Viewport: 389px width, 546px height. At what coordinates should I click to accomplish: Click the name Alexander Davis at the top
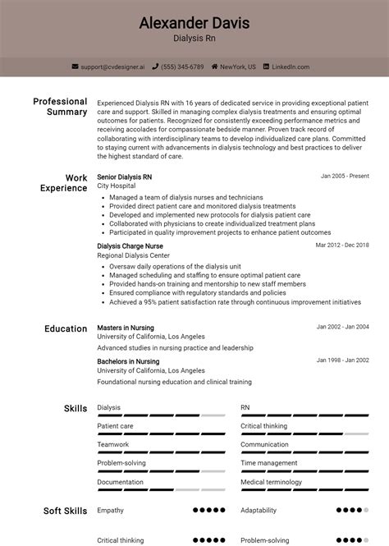[194, 22]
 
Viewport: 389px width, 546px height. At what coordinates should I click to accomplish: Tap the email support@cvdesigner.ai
[112, 67]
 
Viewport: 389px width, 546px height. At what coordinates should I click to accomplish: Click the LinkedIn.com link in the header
[290, 67]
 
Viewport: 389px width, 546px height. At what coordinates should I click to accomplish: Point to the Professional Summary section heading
[60, 106]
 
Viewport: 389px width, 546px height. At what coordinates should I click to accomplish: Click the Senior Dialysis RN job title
[124, 177]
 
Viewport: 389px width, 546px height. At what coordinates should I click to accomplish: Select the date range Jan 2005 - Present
[345, 177]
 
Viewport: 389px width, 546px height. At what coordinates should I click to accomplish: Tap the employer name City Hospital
[117, 186]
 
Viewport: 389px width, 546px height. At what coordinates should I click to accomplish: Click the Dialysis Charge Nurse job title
[130, 245]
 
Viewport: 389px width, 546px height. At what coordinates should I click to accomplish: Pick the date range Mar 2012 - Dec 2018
[342, 245]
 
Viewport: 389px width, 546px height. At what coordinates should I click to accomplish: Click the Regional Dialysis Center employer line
[132, 255]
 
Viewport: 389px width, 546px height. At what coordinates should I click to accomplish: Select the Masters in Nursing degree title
[125, 328]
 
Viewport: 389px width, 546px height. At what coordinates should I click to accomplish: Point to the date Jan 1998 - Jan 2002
[343, 360]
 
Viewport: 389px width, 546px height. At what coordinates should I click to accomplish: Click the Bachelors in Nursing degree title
[128, 361]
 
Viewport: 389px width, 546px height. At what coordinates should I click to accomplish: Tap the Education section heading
[66, 328]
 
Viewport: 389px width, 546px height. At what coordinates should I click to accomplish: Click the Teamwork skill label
[113, 444]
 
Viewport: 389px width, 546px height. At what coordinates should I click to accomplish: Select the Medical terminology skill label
[272, 481]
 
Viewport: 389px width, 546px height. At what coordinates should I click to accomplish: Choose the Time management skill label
[268, 463]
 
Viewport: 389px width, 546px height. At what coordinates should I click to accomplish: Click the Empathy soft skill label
[110, 510]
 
